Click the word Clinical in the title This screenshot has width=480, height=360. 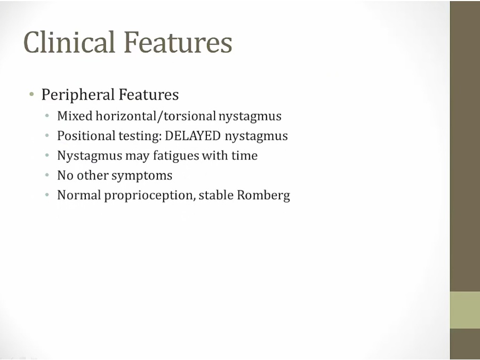(x=69, y=42)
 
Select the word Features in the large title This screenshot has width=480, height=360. (x=178, y=42)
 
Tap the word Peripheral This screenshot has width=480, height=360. (x=78, y=94)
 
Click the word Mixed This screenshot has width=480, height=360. (x=75, y=116)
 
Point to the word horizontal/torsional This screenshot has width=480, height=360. (x=156, y=116)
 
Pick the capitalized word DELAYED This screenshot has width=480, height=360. (x=193, y=136)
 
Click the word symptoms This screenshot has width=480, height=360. (x=142, y=176)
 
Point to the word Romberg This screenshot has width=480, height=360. (x=263, y=196)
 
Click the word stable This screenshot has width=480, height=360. (x=216, y=195)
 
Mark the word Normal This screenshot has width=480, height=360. (x=79, y=195)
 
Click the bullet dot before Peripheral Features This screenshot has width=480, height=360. (x=31, y=94)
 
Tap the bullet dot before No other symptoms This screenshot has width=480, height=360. (x=47, y=175)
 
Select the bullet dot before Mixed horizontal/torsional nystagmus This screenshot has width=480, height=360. (x=47, y=116)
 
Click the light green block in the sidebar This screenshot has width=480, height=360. (x=465, y=310)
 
